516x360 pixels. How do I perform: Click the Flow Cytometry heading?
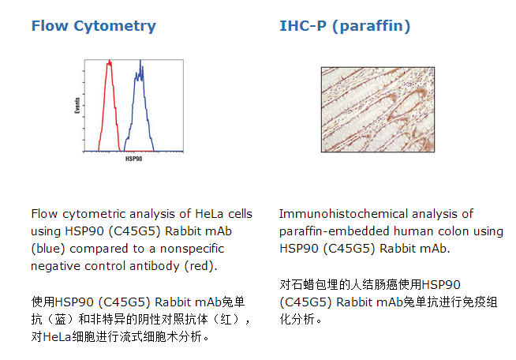tap(93, 26)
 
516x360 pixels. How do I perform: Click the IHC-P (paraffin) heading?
tap(345, 26)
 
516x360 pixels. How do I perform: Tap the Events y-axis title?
tap(77, 106)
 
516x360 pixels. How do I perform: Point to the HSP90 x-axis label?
tap(133, 159)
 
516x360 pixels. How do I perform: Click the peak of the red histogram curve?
tap(109, 61)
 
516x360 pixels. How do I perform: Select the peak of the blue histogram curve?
tap(140, 61)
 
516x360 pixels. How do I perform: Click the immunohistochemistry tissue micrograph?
tap(378, 110)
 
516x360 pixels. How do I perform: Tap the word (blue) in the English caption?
tap(47, 249)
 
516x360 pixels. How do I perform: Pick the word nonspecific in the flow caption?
tap(193, 249)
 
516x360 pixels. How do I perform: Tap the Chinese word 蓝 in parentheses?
tap(60, 320)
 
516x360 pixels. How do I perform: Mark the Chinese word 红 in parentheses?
tap(226, 320)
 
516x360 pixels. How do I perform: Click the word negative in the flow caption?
tap(55, 267)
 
